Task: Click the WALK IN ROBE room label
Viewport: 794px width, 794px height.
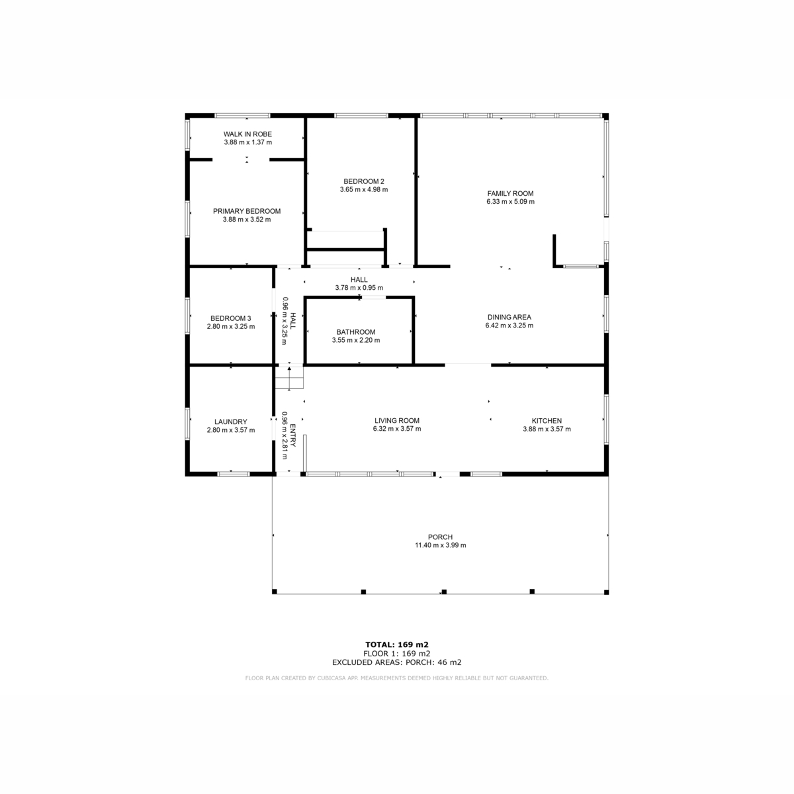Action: (x=247, y=134)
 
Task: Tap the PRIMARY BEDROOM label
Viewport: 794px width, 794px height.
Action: (x=247, y=211)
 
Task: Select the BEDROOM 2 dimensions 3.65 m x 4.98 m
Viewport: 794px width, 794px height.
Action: (x=364, y=189)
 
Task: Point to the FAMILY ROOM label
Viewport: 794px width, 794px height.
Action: (x=510, y=193)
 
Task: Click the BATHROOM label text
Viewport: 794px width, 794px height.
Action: (x=356, y=331)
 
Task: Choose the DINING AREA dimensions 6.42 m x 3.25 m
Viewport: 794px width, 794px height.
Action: (x=509, y=325)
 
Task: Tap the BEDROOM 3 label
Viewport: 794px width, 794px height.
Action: (x=231, y=318)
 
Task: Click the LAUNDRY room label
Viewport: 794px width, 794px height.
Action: (x=231, y=421)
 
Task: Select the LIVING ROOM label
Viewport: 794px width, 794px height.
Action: (x=397, y=420)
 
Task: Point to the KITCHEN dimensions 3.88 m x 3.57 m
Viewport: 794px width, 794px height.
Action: (x=547, y=429)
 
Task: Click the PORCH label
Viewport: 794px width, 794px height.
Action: (x=440, y=537)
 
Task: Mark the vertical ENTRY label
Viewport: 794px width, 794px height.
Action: (x=293, y=435)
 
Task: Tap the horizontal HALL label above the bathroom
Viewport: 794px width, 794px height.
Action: (x=359, y=280)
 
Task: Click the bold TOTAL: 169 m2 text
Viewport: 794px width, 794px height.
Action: (x=397, y=644)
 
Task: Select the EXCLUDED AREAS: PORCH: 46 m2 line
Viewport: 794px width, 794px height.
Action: (x=397, y=662)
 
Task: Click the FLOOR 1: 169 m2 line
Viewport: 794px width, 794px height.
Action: (x=397, y=654)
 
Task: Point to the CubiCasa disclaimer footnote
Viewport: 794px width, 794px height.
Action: (x=397, y=678)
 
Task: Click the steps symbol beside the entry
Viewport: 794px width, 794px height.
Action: (x=289, y=377)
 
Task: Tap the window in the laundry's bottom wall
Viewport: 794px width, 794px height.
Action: (x=234, y=474)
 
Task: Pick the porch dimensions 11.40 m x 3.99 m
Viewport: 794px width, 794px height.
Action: (x=441, y=545)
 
